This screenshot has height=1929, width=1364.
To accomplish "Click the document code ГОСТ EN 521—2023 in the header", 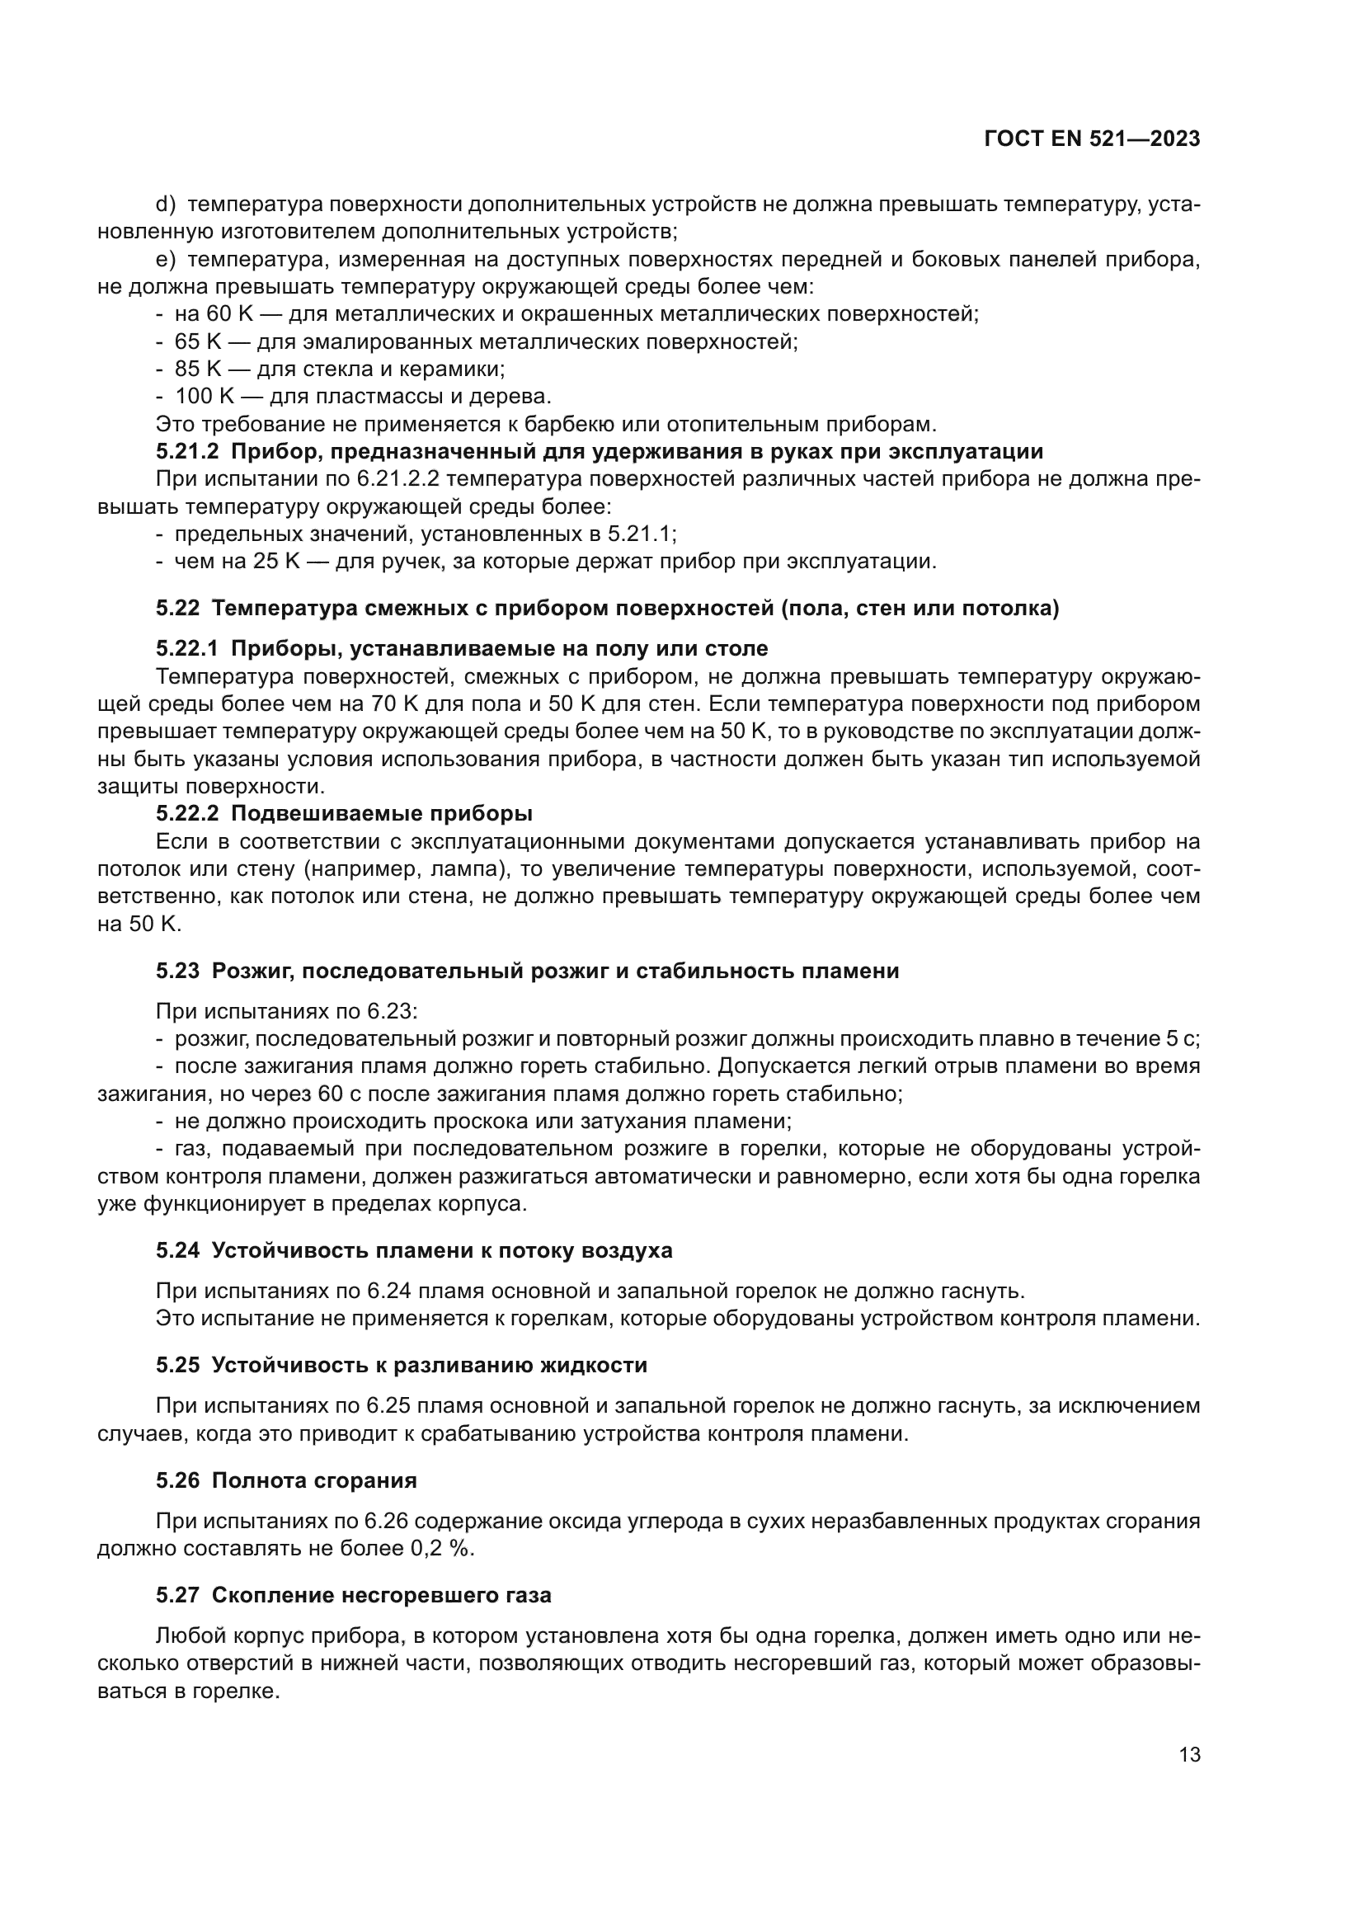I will pos(1092,139).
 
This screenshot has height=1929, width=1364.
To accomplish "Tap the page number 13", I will pos(1189,1755).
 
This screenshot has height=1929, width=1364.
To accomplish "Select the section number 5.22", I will pos(177,609).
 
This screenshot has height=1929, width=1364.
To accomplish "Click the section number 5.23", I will pos(177,972).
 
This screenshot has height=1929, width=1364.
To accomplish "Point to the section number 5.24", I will pos(177,1251).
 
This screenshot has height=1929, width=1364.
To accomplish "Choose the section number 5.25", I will pos(177,1365).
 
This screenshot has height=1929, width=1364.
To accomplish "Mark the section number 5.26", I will pos(177,1480).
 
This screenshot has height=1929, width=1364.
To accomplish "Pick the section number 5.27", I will pos(177,1596).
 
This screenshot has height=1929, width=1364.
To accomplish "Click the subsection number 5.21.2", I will pos(186,452).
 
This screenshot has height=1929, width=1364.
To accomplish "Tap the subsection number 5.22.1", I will pos(186,648).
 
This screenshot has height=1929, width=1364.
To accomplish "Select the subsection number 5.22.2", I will pos(186,814).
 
